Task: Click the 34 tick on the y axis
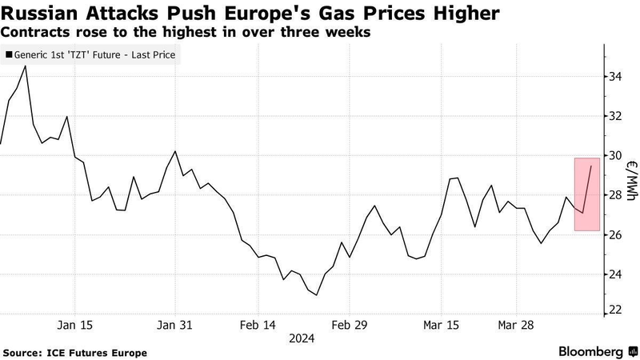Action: tap(615, 77)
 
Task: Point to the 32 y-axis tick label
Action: tap(615, 116)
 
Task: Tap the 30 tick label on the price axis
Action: tap(615, 155)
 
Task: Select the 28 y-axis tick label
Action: tap(615, 195)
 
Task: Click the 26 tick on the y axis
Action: tap(615, 234)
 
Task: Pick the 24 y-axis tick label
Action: tap(615, 274)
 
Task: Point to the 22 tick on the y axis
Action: tap(615, 310)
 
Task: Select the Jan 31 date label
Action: tap(174, 326)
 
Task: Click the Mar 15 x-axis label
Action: tap(442, 326)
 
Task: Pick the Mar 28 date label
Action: tap(518, 326)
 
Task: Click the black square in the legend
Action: tap(10, 56)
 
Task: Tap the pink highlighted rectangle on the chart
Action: tap(586, 194)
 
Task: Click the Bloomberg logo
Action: tap(591, 351)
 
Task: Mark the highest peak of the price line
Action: tap(26, 66)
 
